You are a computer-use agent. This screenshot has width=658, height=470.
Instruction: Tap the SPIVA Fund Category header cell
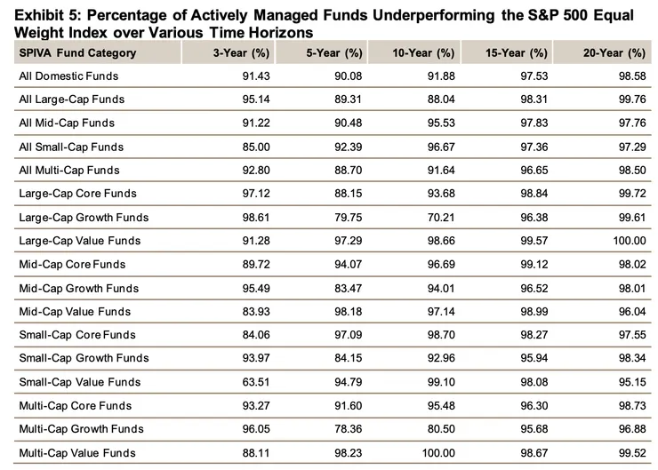pyautogui.click(x=78, y=52)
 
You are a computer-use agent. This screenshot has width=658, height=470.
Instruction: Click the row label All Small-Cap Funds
pyautogui.click(x=71, y=147)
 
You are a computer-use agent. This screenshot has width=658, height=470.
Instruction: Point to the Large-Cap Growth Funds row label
pyautogui.click(x=84, y=217)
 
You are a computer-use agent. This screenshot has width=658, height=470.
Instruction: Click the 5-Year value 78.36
pyautogui.click(x=339, y=429)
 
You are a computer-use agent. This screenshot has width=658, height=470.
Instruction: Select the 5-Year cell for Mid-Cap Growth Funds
pyautogui.click(x=339, y=288)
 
